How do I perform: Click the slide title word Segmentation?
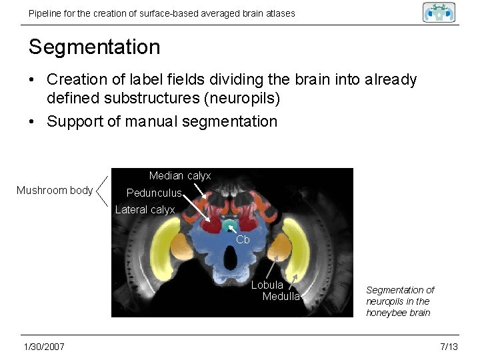94,47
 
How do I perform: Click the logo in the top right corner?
439,12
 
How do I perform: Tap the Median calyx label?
179,176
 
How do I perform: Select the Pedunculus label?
154,193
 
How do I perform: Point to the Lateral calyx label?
145,210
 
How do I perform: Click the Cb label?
243,239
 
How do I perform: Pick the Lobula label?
267,285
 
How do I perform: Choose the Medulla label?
281,297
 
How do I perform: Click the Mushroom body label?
55,191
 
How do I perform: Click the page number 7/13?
449,347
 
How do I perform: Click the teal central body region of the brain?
229,225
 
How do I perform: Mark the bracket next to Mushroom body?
102,191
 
